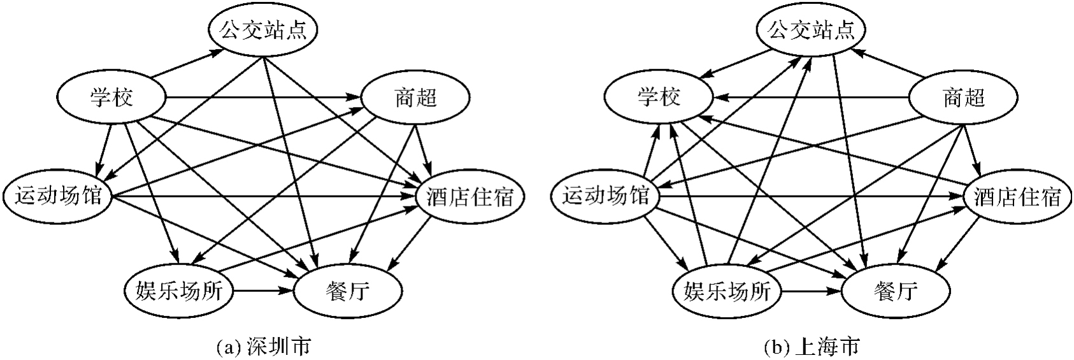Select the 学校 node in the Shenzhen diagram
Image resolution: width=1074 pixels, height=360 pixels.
[111, 98]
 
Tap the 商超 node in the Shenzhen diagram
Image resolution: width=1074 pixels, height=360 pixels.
[415, 98]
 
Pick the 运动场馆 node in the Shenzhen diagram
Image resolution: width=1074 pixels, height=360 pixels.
[57, 195]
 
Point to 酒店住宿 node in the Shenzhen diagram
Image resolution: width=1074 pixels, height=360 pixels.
[470, 197]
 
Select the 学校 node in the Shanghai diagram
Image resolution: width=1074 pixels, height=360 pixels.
[659, 97]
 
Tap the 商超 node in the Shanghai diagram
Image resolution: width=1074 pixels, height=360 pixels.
[963, 98]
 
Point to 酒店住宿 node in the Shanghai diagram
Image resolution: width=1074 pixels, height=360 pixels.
[1018, 197]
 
